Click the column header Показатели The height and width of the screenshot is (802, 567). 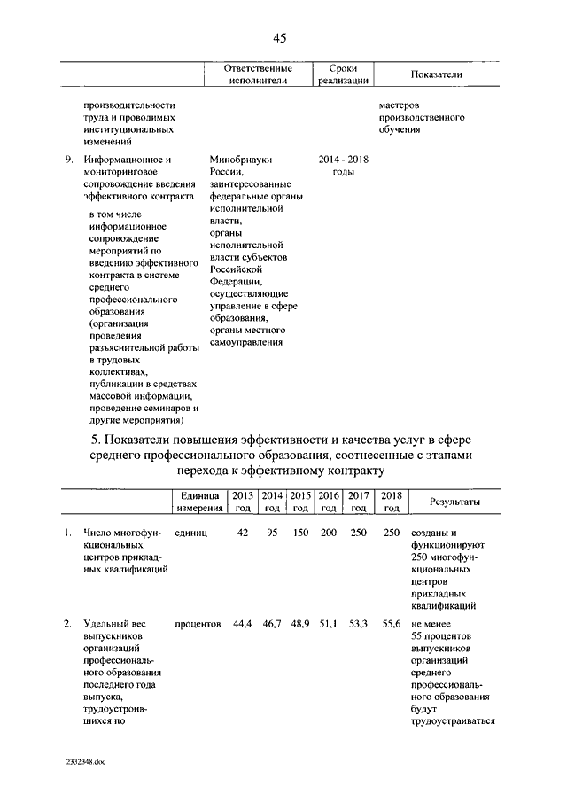coord(438,75)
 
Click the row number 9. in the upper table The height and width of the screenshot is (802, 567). coord(69,160)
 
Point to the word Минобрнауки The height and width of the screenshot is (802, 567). coord(241,160)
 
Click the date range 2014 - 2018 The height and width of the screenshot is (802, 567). coord(343,160)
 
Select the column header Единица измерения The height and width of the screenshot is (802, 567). coord(198,502)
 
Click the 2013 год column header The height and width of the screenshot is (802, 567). coord(243,502)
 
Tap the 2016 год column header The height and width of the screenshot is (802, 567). coord(328,502)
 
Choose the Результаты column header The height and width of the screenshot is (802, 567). coord(454,502)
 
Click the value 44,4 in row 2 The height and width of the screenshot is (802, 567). coord(243,625)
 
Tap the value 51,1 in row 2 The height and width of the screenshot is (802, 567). coord(329,625)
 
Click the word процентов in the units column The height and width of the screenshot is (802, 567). coord(198,625)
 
